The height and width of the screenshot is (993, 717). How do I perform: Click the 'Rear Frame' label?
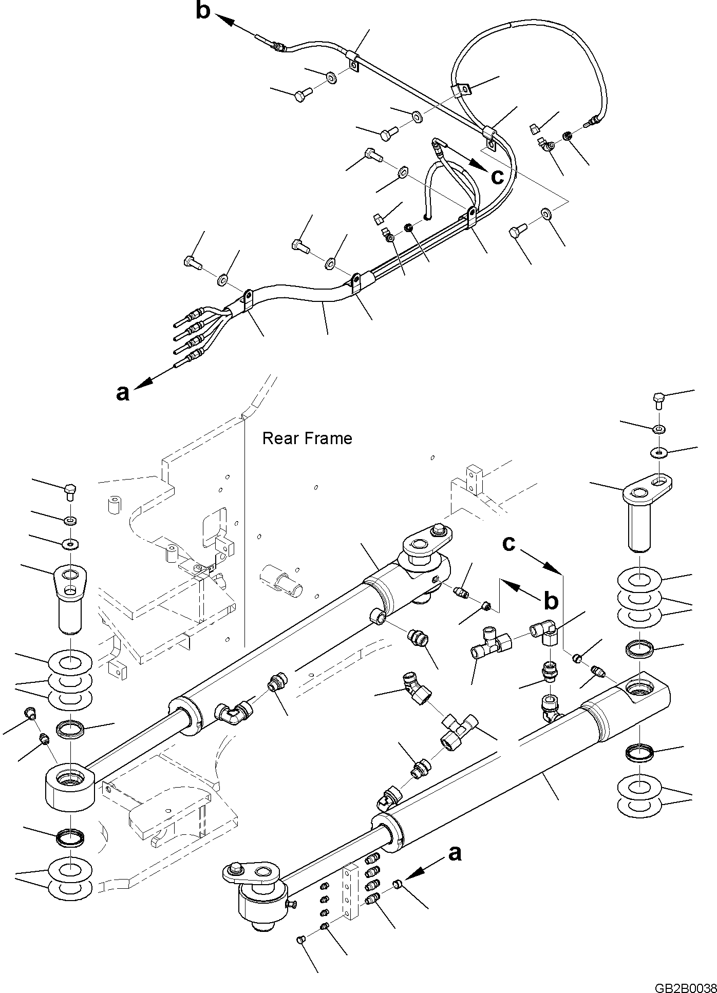[x=307, y=438]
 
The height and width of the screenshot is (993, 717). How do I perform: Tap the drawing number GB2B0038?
[x=685, y=986]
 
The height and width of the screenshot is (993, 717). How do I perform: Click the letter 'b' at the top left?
[x=203, y=11]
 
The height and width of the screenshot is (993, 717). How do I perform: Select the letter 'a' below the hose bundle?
[x=122, y=393]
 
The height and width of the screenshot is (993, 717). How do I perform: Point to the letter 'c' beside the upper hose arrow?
[x=497, y=177]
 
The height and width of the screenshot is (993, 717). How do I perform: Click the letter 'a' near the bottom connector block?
[x=455, y=853]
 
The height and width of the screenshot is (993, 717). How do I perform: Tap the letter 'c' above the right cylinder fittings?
[x=508, y=544]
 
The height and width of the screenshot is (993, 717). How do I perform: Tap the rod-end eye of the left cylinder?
[x=70, y=796]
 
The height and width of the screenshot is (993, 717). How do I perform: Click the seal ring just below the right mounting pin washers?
[x=639, y=650]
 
